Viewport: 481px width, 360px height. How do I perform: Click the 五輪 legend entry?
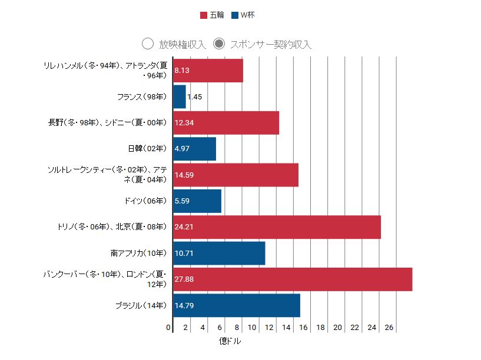pos(212,15)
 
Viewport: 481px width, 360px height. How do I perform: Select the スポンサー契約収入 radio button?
pos(219,44)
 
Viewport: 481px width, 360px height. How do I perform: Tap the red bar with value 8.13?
pos(208,71)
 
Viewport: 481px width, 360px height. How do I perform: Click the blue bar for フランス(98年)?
pos(180,96)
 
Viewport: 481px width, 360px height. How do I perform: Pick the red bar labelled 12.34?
pos(226,122)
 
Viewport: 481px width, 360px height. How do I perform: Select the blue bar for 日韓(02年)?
pos(195,148)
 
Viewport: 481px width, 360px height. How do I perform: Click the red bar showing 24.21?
pos(277,227)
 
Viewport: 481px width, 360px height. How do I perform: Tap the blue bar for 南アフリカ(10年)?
pos(219,253)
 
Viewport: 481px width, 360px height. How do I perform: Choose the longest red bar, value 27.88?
pos(293,279)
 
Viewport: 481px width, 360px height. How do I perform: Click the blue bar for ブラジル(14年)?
pos(237,305)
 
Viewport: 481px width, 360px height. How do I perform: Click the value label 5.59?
pos(183,201)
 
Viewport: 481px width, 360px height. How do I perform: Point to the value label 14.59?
pos(184,175)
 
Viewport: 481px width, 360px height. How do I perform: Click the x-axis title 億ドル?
pos(230,341)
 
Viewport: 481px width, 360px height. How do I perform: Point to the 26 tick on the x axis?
pos(389,328)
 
